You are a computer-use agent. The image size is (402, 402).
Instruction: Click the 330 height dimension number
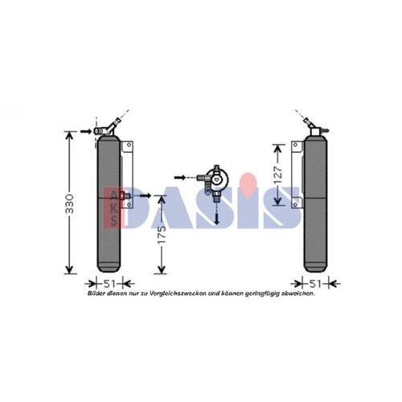click(69, 203)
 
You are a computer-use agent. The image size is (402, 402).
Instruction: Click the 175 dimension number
click(162, 235)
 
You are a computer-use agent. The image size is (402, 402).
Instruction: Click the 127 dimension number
click(278, 174)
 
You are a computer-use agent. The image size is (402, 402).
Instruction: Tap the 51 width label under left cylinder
click(109, 284)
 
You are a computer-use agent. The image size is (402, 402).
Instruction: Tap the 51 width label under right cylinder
click(315, 284)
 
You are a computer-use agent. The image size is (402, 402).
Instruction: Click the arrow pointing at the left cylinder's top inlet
click(86, 131)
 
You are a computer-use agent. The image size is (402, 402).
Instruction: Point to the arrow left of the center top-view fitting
click(180, 178)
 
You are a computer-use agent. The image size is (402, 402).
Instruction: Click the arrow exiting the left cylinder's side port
click(146, 195)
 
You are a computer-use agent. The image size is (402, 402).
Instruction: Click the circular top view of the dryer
click(218, 180)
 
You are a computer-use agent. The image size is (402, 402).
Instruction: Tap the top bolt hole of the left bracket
click(129, 145)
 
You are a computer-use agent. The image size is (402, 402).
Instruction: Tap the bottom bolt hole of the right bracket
click(296, 205)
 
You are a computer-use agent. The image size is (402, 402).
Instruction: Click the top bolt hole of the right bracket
click(296, 145)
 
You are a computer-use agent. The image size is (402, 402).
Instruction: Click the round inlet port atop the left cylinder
click(97, 131)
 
